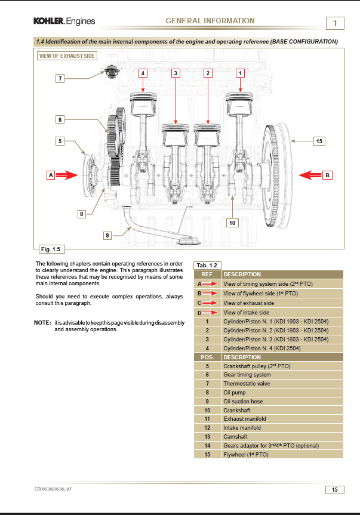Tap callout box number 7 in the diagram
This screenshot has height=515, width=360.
click(x=60, y=78)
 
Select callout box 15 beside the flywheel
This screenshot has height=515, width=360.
click(x=319, y=141)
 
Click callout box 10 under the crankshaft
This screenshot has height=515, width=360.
click(x=233, y=223)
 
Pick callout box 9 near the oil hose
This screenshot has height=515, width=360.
click(x=107, y=235)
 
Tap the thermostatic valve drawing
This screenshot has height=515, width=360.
click(x=109, y=72)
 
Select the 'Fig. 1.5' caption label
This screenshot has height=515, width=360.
click(x=50, y=248)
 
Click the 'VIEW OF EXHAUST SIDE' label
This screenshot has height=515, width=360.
click(x=66, y=55)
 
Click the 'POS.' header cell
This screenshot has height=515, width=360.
click(x=207, y=357)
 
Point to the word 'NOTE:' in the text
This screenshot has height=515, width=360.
click(x=42, y=323)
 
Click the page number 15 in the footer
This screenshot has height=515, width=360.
click(x=334, y=490)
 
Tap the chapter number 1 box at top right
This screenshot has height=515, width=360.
click(x=335, y=23)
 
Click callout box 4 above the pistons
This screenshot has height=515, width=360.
click(x=143, y=73)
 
